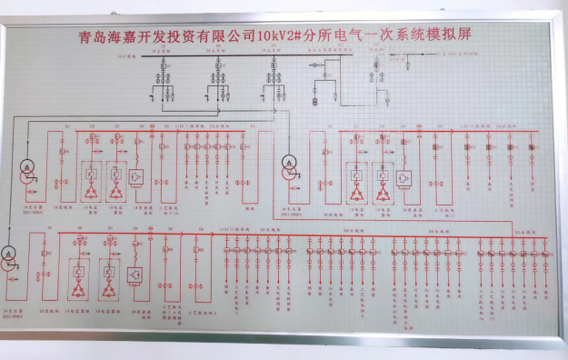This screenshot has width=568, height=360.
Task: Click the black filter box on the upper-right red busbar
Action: (x=405, y=175)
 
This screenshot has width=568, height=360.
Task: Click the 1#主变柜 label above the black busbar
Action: (x=160, y=53)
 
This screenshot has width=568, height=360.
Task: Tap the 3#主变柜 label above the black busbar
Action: (x=273, y=53)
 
